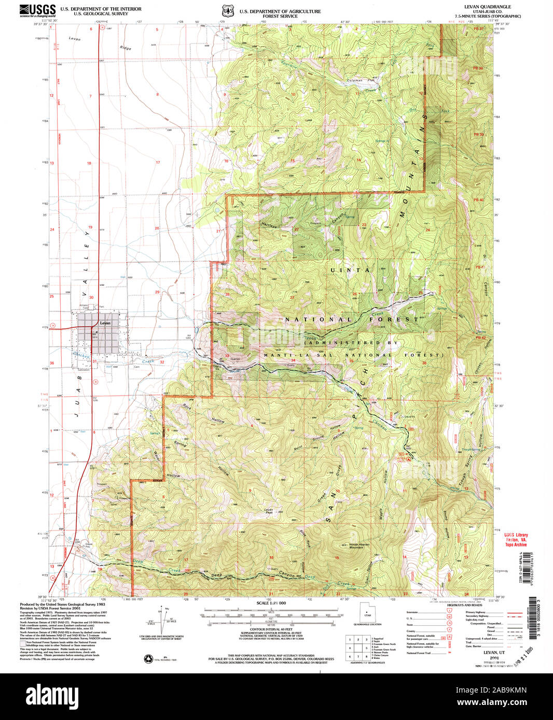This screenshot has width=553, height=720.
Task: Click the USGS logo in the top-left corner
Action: point(38,10)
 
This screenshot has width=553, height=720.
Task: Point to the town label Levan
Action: point(105,323)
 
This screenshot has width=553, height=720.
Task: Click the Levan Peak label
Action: point(268,511)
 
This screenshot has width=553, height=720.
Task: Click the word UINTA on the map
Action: point(350,270)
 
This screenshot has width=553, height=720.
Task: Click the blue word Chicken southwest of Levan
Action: point(82,355)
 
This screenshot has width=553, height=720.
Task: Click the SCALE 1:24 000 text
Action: point(271,603)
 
